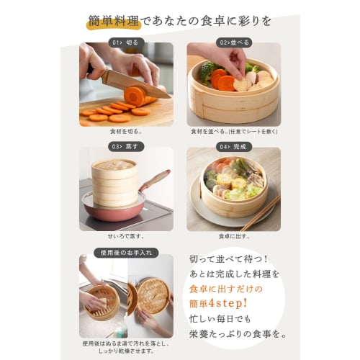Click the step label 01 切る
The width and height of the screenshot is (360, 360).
pyautogui.click(x=126, y=42)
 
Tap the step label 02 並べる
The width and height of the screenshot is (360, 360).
pyautogui.click(x=233, y=42)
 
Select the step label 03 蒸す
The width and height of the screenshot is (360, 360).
pyautogui.click(x=126, y=146)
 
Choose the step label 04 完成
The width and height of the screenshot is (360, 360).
pyautogui.click(x=233, y=146)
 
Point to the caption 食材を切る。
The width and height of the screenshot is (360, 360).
pyautogui.click(x=126, y=132)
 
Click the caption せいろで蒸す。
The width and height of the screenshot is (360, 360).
pyautogui.click(x=126, y=235)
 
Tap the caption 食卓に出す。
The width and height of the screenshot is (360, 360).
pyautogui.click(x=233, y=235)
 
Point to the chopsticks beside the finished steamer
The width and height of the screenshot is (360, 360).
pyautogui.click(x=260, y=213)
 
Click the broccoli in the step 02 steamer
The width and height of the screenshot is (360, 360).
pyautogui.click(x=208, y=71)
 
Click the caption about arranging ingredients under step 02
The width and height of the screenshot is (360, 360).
pyautogui.click(x=233, y=132)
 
